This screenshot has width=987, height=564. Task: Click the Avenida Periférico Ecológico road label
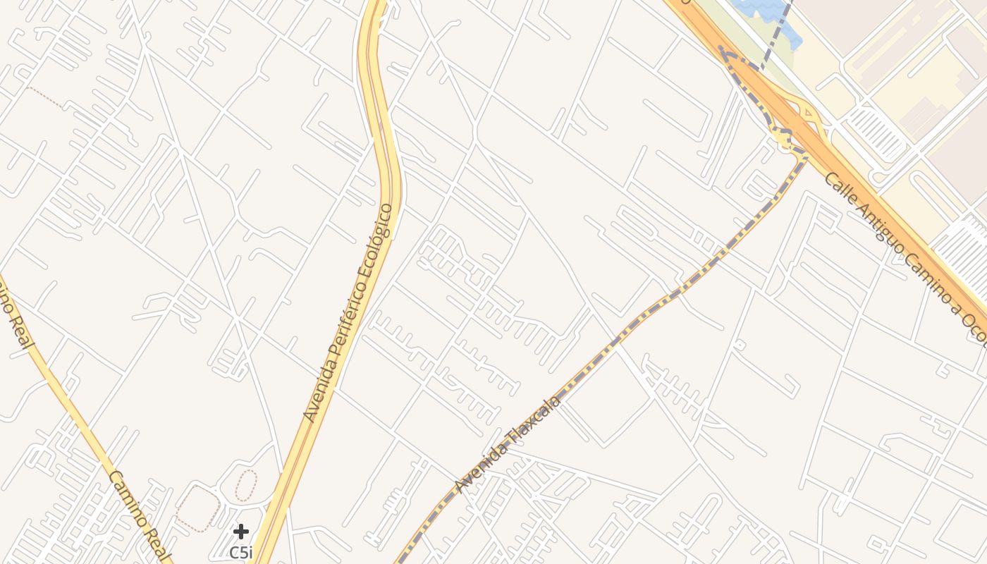pos(348,312)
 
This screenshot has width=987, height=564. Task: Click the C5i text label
pos(241,552)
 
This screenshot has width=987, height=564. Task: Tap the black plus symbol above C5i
pos(241,532)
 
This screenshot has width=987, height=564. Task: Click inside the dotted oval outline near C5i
pos(246,486)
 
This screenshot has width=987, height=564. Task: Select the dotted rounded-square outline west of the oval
pos(197,508)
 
